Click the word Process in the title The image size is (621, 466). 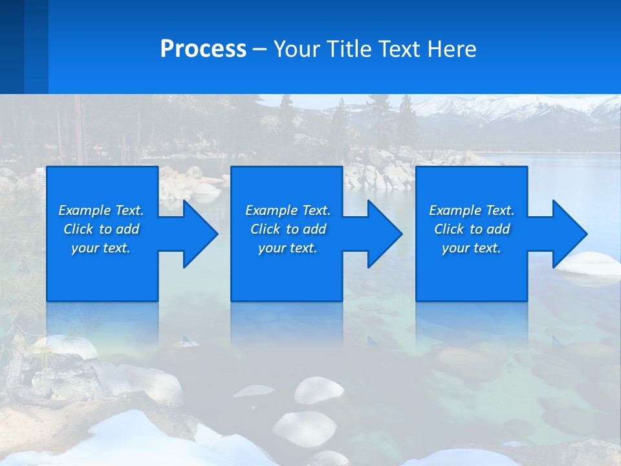click(203, 49)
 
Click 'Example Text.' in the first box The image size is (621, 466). click(101, 210)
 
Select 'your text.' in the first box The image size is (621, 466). click(101, 248)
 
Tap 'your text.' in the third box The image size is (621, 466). click(471, 248)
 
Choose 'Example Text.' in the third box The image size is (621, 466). click(471, 210)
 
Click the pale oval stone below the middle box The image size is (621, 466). click(319, 390)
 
